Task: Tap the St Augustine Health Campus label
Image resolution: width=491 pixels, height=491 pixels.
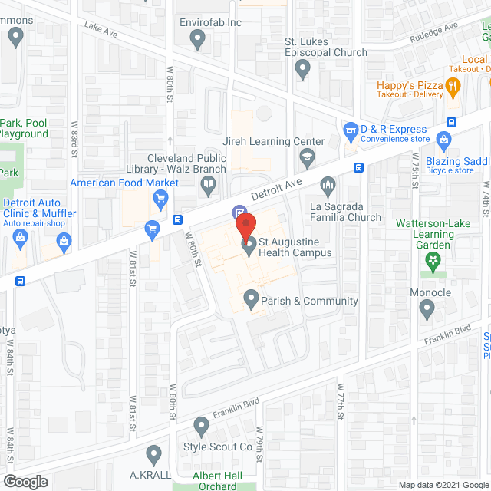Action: click(x=295, y=246)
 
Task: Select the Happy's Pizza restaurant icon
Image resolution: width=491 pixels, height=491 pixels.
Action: click(x=453, y=87)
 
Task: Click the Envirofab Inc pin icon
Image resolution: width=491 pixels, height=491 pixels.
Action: click(x=199, y=41)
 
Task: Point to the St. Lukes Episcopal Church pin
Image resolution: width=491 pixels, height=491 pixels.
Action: click(x=303, y=71)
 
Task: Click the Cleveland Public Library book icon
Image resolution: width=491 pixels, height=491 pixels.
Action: click(x=207, y=183)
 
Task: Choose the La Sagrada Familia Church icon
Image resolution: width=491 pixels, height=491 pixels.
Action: click(x=328, y=185)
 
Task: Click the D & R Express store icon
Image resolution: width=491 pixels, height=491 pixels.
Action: click(x=351, y=130)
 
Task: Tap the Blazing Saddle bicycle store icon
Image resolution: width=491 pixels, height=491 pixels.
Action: click(x=443, y=140)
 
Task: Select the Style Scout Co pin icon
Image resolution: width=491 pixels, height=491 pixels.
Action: click(x=201, y=424)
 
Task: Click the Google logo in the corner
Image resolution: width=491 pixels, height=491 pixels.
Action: click(x=25, y=481)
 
